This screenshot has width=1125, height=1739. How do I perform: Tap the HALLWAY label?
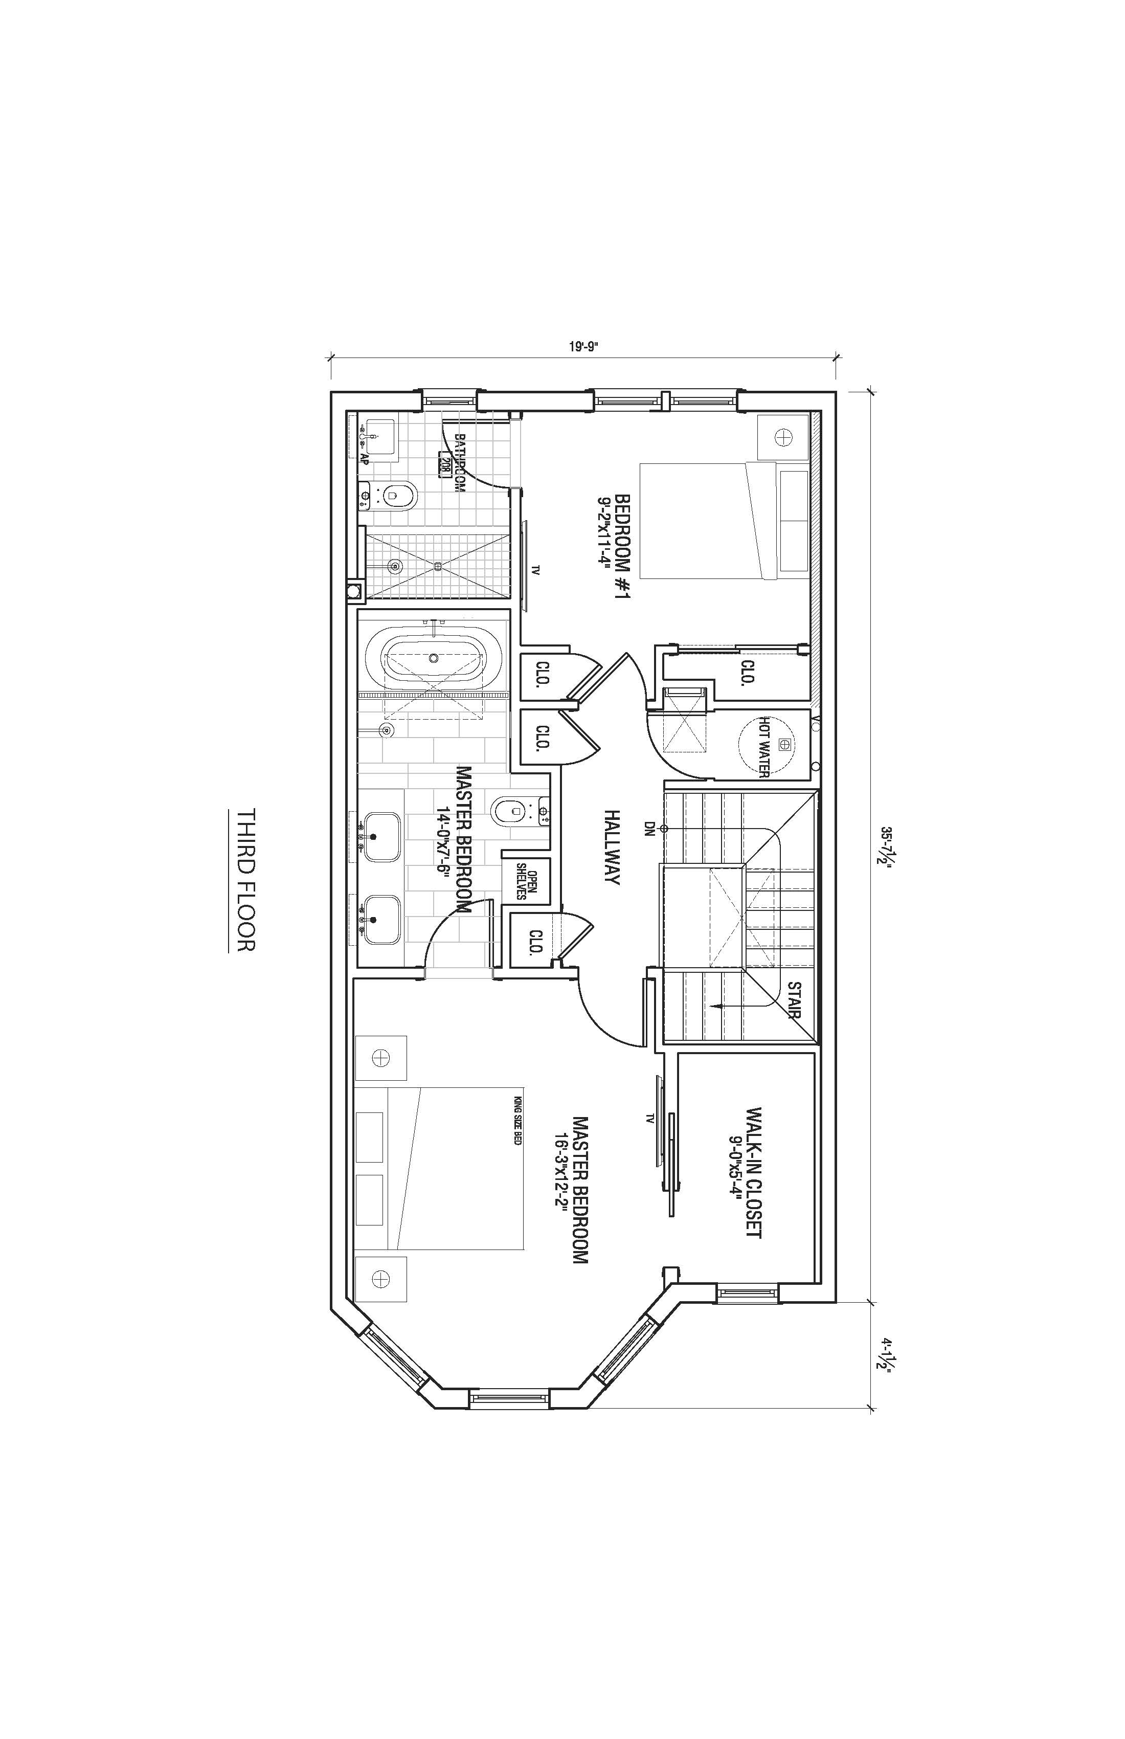(612, 847)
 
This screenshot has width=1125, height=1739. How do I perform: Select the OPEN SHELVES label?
(527, 881)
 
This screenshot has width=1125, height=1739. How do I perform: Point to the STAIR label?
(794, 999)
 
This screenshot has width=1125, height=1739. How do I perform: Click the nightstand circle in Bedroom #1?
(783, 437)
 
